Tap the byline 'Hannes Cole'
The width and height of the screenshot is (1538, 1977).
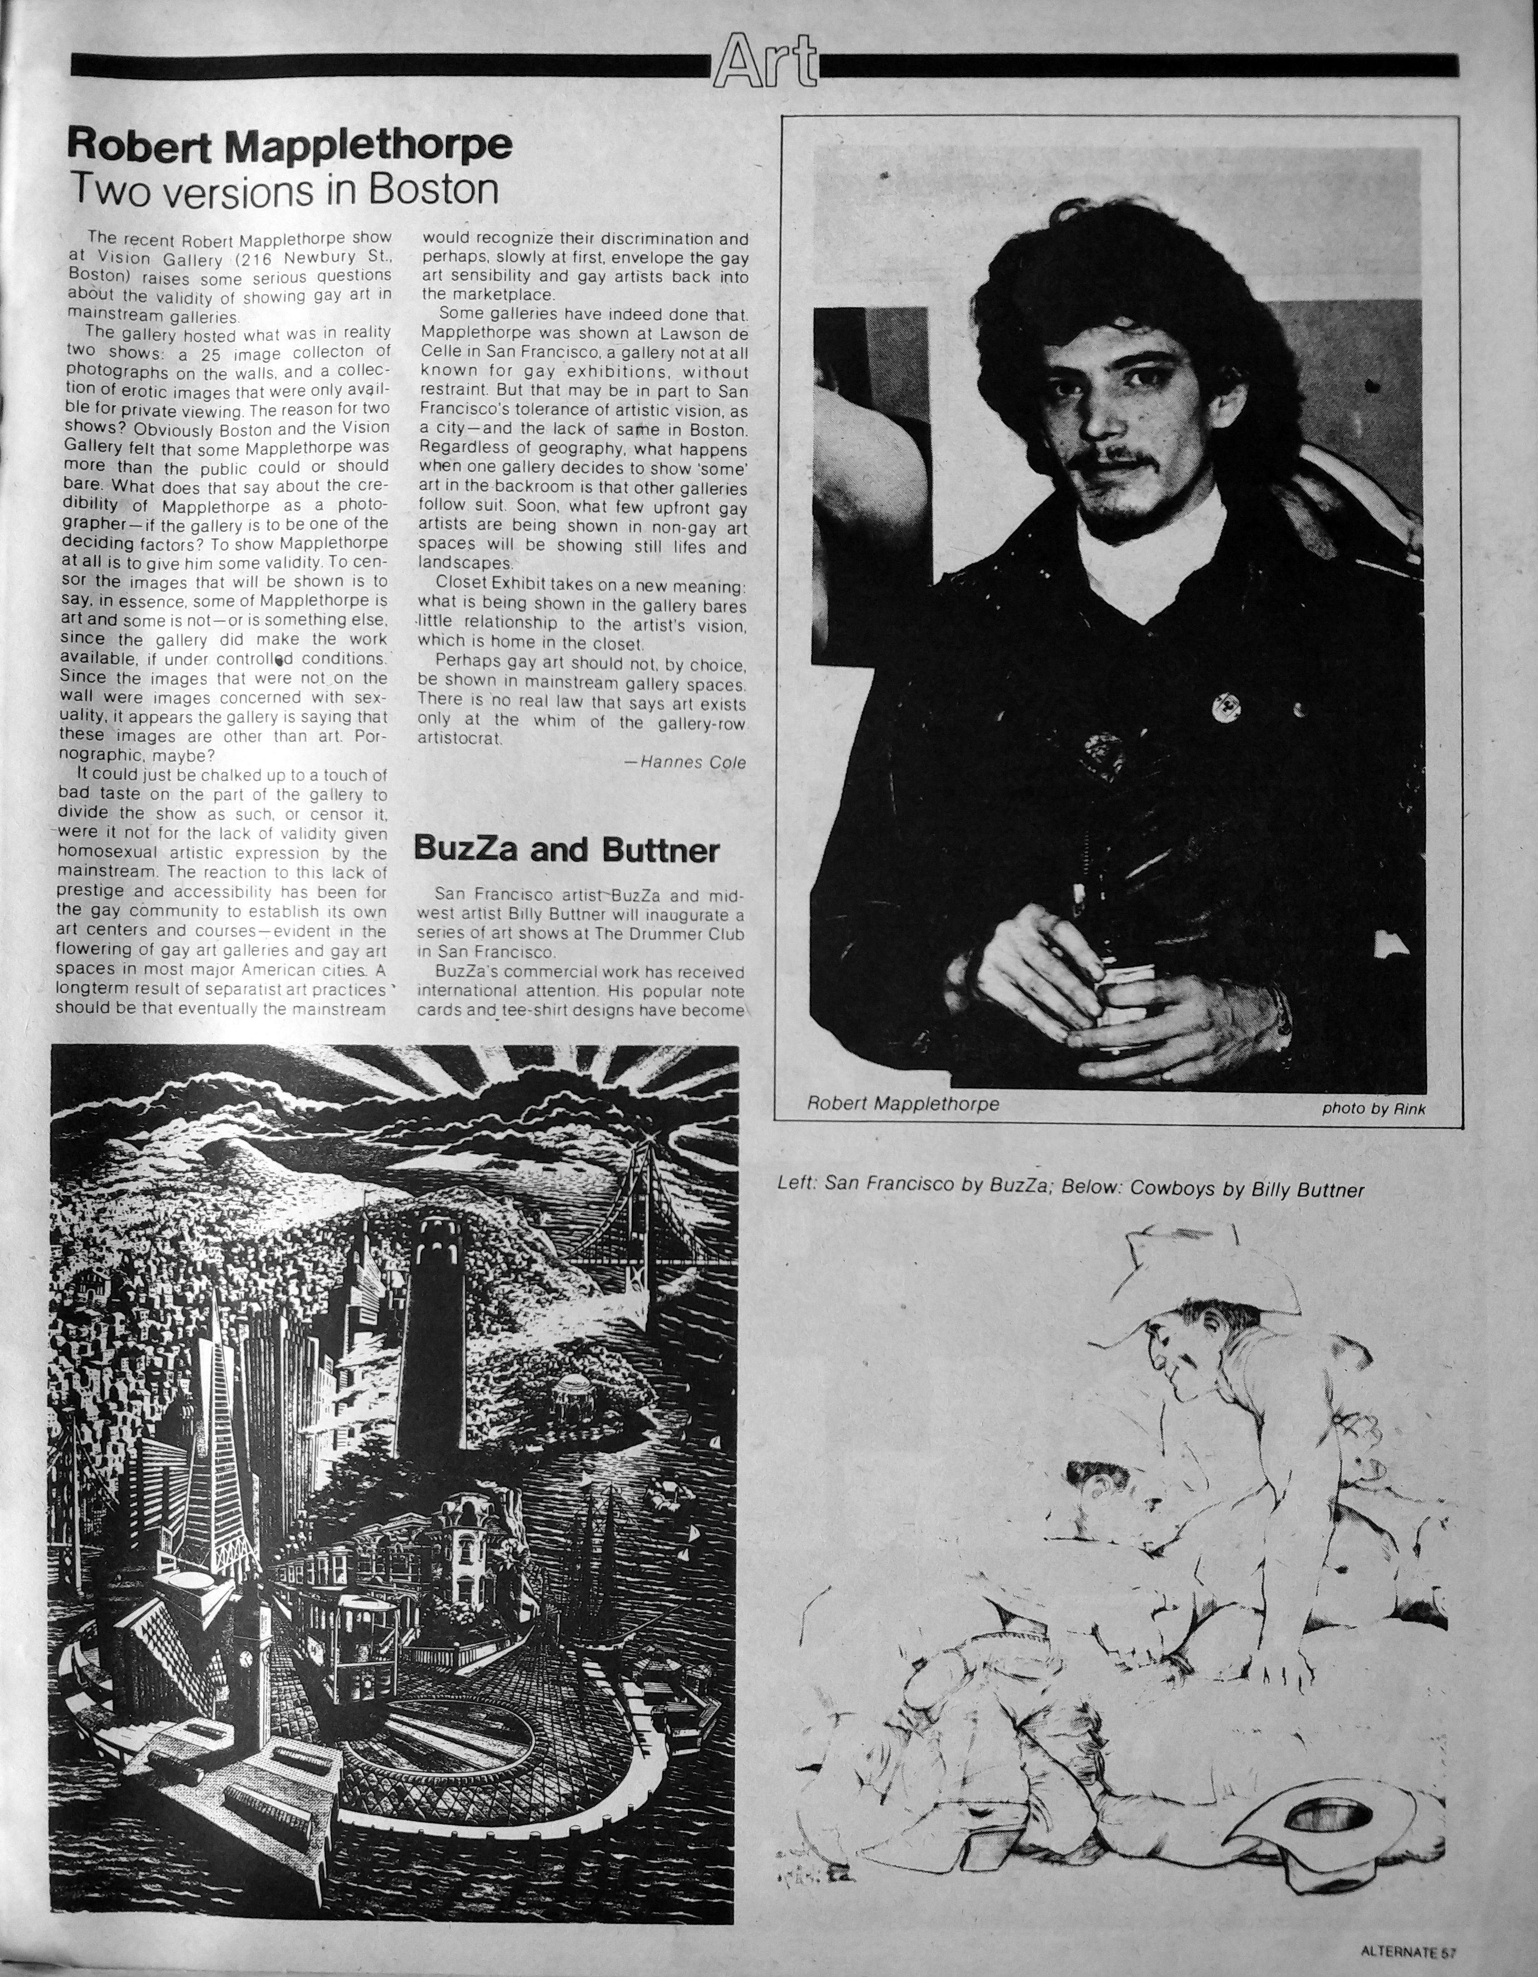click(692, 762)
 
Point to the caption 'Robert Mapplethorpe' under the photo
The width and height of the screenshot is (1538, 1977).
click(902, 1103)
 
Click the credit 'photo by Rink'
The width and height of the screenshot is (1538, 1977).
click(1373, 1108)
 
